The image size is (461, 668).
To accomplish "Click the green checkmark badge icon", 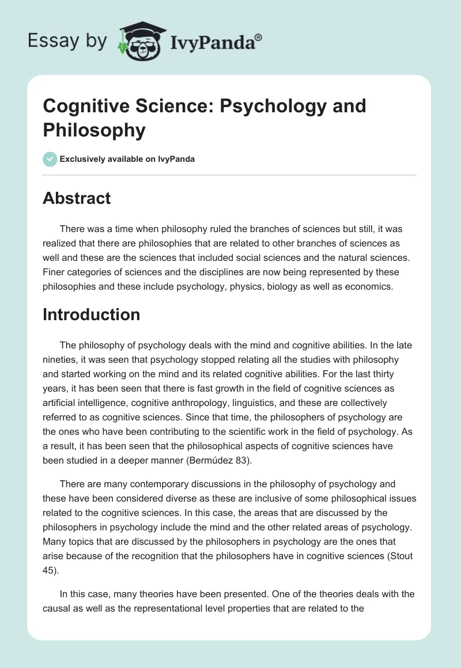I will coord(50,159).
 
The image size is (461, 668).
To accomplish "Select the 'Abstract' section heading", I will coord(77,198).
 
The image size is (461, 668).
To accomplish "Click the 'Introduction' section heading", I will coord(92,314).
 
